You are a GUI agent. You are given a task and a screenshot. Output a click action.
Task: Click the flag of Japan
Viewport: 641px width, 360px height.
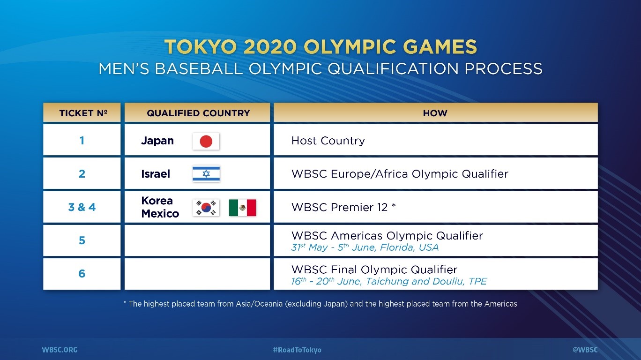click(x=206, y=142)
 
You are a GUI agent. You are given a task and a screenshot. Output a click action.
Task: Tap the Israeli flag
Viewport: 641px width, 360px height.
click(x=206, y=174)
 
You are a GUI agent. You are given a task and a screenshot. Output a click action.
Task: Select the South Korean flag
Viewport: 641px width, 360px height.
click(x=206, y=208)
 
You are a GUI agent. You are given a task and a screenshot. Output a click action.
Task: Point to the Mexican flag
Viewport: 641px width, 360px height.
click(x=242, y=208)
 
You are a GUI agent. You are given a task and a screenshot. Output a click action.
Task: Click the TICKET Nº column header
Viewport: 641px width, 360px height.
click(x=83, y=113)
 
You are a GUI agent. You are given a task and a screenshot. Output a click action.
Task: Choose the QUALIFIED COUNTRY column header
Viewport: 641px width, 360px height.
click(x=198, y=113)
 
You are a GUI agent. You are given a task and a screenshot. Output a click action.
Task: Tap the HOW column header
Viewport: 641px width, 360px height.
click(x=435, y=113)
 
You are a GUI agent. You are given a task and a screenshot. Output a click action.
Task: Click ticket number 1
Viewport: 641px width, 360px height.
click(x=82, y=141)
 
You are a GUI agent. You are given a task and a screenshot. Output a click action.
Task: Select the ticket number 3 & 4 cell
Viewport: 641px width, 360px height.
click(x=82, y=207)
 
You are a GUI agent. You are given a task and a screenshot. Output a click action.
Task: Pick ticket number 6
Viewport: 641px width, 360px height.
click(x=82, y=274)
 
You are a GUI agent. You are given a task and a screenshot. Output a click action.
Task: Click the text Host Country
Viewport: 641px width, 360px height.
click(x=328, y=141)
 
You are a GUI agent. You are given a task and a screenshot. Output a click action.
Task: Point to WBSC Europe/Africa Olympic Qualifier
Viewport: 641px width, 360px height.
click(x=400, y=174)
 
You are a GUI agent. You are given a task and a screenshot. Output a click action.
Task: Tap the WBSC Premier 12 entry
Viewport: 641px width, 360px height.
click(x=343, y=207)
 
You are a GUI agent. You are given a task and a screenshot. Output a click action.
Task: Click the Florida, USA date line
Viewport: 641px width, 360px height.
click(x=365, y=247)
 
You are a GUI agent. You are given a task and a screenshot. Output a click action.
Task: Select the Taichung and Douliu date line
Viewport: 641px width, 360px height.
click(x=389, y=281)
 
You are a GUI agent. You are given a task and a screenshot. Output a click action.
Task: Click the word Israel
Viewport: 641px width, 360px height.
click(x=156, y=174)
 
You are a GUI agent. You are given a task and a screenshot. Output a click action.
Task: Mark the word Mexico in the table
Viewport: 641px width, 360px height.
click(x=160, y=213)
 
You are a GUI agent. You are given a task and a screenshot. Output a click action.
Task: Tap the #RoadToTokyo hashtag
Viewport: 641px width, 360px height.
click(x=297, y=350)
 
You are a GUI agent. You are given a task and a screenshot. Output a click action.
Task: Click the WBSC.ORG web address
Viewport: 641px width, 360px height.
click(x=60, y=350)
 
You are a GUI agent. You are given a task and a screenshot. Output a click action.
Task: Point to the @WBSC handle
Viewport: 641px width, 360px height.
click(x=585, y=350)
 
